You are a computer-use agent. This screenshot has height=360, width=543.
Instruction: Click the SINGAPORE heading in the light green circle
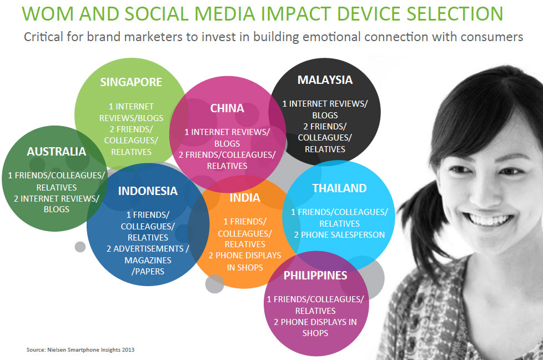[x=131, y=82]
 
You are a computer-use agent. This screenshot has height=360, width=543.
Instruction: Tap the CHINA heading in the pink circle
[x=227, y=108]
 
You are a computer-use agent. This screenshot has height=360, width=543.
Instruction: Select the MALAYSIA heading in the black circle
[x=325, y=80]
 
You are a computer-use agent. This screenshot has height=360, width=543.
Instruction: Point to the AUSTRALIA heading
[x=57, y=152]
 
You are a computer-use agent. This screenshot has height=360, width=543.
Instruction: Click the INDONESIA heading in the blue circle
[x=148, y=191]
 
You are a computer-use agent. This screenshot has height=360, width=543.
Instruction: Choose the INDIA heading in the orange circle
[x=245, y=198]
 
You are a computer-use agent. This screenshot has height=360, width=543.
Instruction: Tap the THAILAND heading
[x=339, y=188]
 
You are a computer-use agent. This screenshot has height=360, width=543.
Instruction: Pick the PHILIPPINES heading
[x=315, y=276]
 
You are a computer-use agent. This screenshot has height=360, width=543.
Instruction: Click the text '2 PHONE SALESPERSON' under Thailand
[x=339, y=235]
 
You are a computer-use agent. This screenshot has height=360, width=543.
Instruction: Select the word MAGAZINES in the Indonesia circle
[x=148, y=260]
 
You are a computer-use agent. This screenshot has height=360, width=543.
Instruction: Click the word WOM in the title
[x=48, y=14]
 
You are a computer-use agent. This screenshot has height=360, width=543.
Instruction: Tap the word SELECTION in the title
[x=455, y=14]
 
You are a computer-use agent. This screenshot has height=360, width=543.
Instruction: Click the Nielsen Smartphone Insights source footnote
[x=81, y=349]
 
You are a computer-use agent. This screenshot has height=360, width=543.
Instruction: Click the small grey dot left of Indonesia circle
[x=80, y=247]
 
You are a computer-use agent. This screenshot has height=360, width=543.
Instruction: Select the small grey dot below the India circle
[x=215, y=284]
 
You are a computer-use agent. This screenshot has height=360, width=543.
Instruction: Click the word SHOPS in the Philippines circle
[x=315, y=333]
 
